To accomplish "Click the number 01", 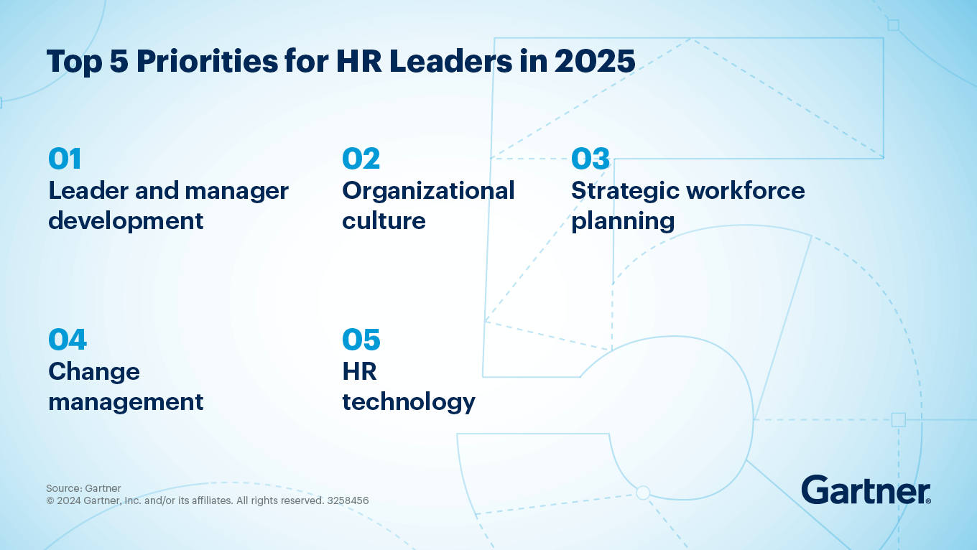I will click(65, 159).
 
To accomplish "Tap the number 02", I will click(361, 159).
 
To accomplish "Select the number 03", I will click(590, 159).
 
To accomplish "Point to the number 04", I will click(68, 340).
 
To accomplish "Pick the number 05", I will click(361, 340).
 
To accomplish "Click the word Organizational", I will click(428, 191).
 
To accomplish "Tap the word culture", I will click(384, 221).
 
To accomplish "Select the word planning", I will click(622, 222).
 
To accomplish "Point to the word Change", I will click(93, 372).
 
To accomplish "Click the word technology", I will click(408, 402).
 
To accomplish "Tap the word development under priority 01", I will click(126, 221).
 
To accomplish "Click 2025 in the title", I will click(595, 62).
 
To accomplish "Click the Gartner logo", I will click(866, 490).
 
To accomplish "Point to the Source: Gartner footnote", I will click(83, 489).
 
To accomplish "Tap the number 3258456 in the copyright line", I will click(348, 500).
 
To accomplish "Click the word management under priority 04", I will click(126, 402).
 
